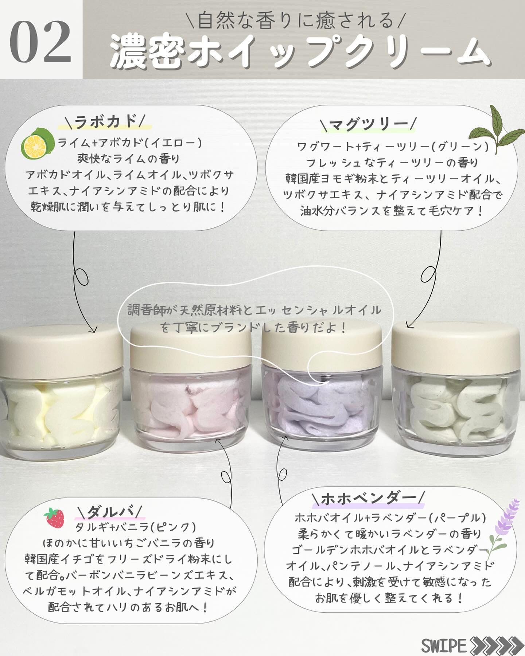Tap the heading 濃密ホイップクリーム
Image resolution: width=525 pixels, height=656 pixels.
(x=299, y=55)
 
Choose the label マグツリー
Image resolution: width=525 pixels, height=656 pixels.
(x=368, y=124)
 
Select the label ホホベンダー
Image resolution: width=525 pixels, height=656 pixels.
(x=368, y=497)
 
